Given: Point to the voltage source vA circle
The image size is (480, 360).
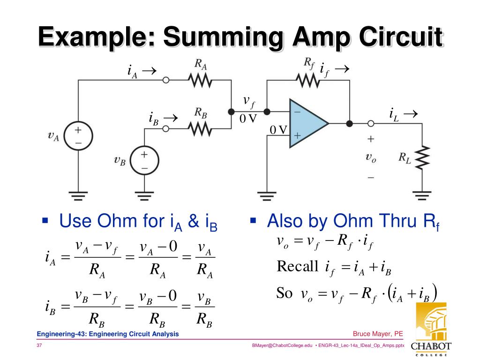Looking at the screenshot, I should [78, 135].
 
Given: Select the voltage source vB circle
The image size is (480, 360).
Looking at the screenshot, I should [144, 160].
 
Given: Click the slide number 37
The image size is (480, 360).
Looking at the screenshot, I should [39, 345].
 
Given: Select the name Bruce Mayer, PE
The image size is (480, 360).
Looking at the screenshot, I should [378, 334].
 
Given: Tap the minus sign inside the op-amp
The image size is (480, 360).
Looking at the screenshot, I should [297, 112].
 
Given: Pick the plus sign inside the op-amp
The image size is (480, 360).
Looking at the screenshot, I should [297, 135].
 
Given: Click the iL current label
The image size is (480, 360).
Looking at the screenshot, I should [394, 114].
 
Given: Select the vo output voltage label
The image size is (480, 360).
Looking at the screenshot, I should [370, 158].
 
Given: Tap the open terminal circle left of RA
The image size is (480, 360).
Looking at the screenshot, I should [165, 81].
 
